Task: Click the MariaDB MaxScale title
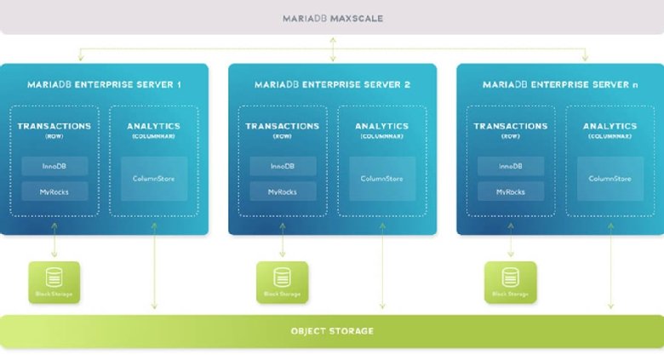(x=332, y=17)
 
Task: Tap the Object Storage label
(x=332, y=330)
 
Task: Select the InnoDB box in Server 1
(x=54, y=166)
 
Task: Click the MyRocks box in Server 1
(x=54, y=191)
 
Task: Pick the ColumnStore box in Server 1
(x=154, y=179)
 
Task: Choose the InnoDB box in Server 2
(x=282, y=166)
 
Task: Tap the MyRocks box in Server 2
(x=282, y=191)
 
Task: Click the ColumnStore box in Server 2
(x=382, y=179)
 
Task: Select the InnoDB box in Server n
(x=510, y=166)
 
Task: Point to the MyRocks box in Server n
(x=510, y=191)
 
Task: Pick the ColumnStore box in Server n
(x=610, y=179)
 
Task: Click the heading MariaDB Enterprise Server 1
(x=104, y=84)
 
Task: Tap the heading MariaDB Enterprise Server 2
(x=332, y=84)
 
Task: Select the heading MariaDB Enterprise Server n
(x=560, y=84)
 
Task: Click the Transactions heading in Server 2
(x=282, y=126)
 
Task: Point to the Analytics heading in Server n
(x=610, y=126)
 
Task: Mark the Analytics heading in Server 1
(x=154, y=126)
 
